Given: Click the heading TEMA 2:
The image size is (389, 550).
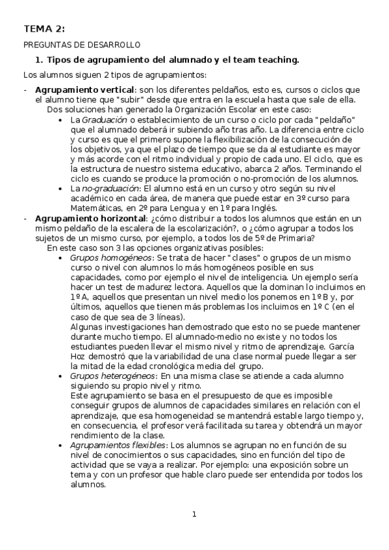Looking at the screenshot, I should pos(44,29).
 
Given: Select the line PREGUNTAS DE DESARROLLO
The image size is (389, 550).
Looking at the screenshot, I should pos(82,45).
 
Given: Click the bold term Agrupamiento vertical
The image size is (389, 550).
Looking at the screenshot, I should pos(85,89).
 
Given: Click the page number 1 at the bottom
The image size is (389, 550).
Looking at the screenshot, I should pos(194,515).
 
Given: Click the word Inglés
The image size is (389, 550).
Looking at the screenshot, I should pos(262,208).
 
